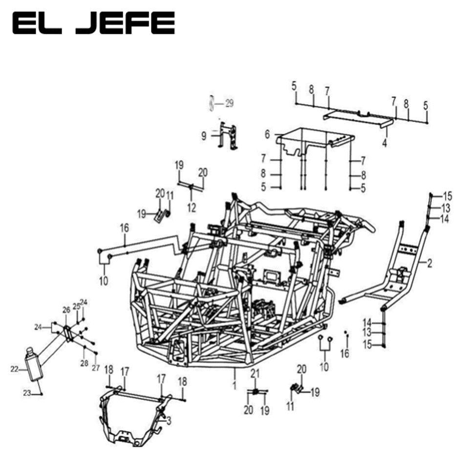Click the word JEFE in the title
tap(126, 23)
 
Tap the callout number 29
tap(229, 103)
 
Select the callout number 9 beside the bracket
tap(204, 136)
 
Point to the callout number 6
tap(267, 134)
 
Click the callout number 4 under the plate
tap(385, 144)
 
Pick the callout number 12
tap(191, 208)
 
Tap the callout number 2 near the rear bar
tap(429, 264)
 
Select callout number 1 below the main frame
tap(235, 386)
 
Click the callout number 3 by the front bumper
tap(169, 421)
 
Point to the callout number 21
tap(254, 374)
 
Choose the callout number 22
tap(15, 370)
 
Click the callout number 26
tap(66, 310)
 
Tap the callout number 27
tap(96, 368)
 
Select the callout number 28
tap(84, 363)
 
